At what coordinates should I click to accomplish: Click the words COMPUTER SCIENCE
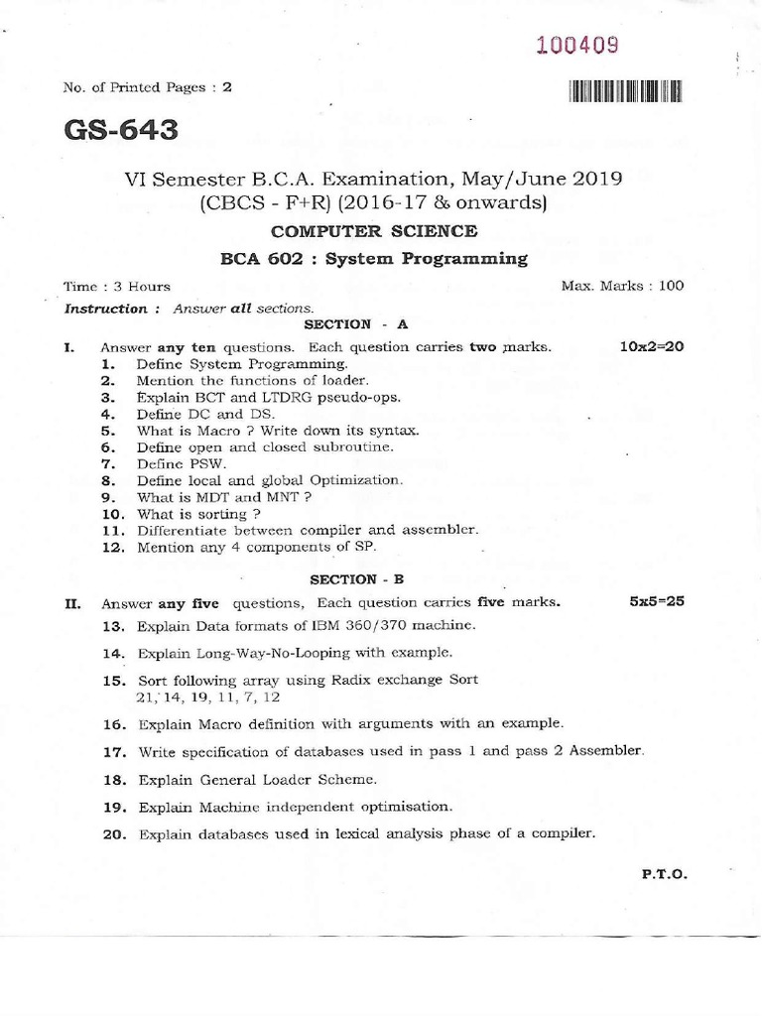pyautogui.click(x=374, y=231)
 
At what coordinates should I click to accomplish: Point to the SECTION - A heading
pyautogui.click(x=342, y=324)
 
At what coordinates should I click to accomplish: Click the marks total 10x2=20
pyautogui.click(x=652, y=346)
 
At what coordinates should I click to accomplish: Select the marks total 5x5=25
pyautogui.click(x=657, y=601)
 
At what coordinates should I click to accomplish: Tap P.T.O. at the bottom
pyautogui.click(x=665, y=874)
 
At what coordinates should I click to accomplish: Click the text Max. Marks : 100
pyautogui.click(x=622, y=286)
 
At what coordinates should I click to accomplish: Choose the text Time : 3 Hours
pyautogui.click(x=117, y=286)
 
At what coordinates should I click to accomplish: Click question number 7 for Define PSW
pyautogui.click(x=109, y=463)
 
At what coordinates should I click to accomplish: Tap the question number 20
pyautogui.click(x=116, y=834)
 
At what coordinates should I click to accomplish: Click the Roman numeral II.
pyautogui.click(x=71, y=602)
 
